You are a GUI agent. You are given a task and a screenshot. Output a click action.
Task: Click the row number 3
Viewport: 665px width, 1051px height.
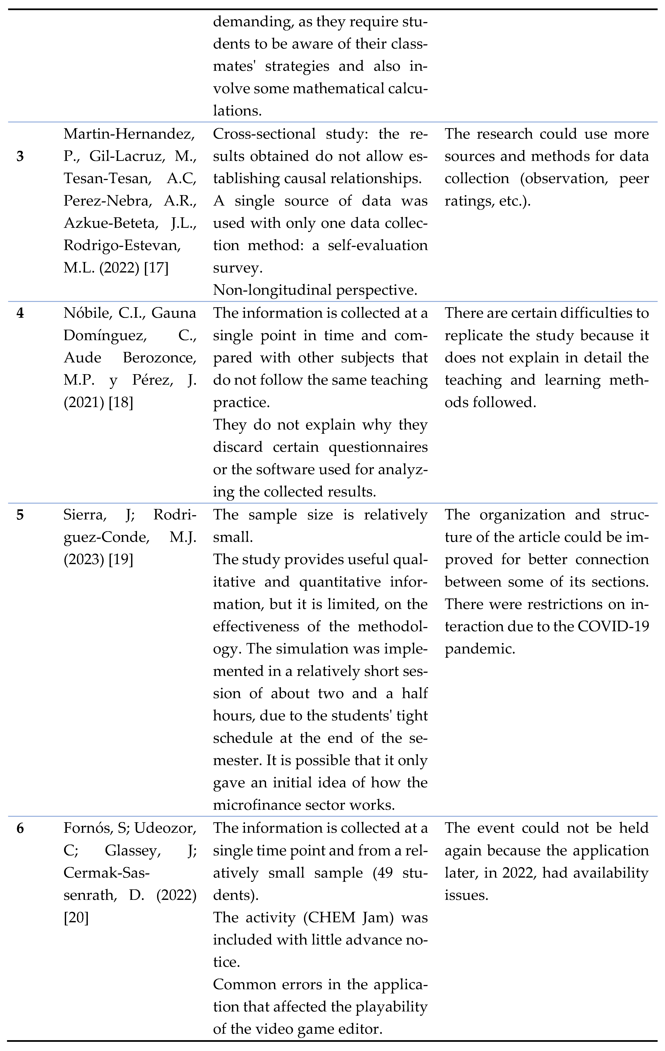click(x=20, y=156)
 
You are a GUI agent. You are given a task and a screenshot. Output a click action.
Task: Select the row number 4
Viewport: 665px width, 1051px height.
click(x=20, y=313)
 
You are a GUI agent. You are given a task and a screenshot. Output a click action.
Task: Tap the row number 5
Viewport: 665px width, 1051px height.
click(x=20, y=515)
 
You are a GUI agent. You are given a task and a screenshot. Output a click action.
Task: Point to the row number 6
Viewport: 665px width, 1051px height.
click(x=20, y=828)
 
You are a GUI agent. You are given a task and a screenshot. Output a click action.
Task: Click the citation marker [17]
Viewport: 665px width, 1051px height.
click(x=156, y=268)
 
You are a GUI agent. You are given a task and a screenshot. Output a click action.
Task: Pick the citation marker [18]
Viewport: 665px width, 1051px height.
click(x=121, y=402)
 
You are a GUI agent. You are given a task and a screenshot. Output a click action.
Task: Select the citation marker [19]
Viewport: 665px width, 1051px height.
click(x=121, y=559)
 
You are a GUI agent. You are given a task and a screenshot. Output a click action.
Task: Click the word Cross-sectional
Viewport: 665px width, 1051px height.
click(x=264, y=133)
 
